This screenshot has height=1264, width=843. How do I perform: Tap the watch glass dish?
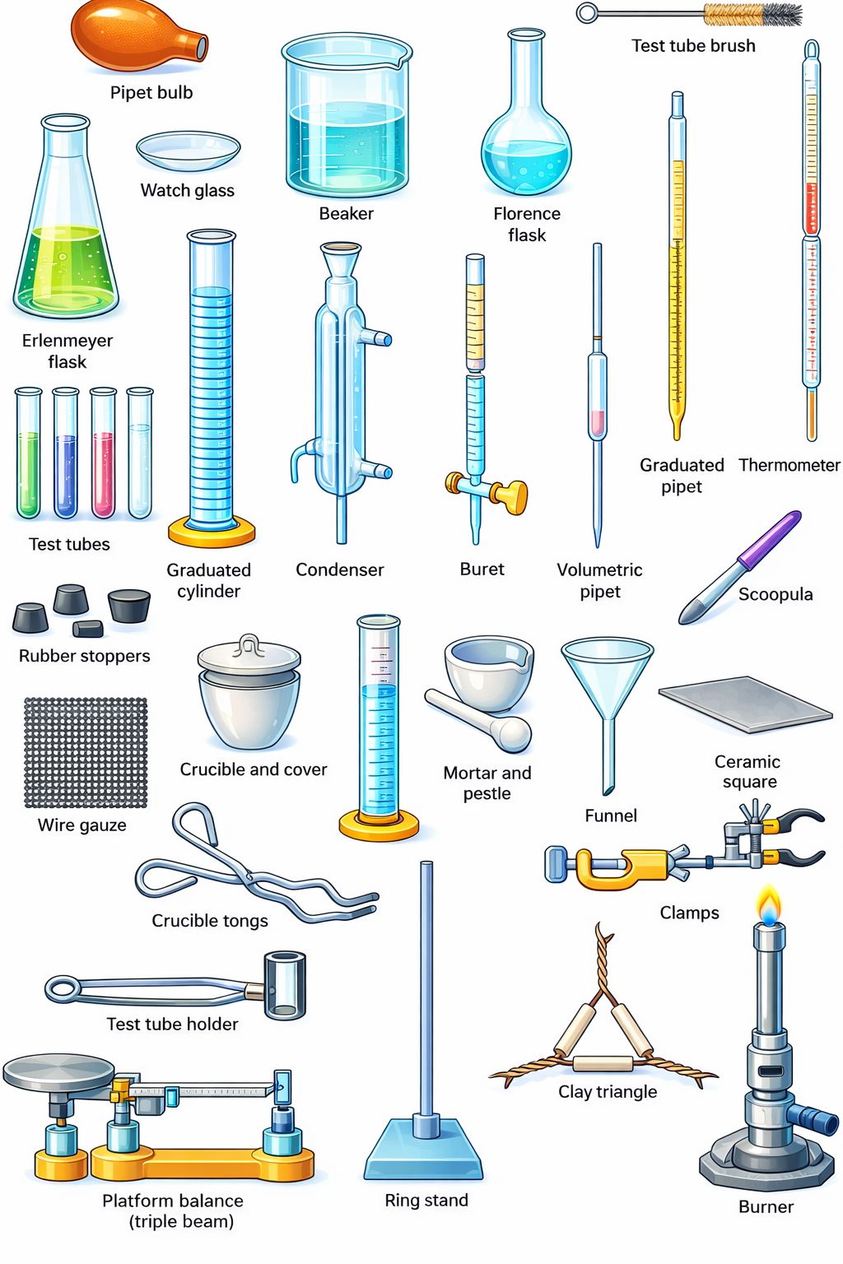click(x=188, y=151)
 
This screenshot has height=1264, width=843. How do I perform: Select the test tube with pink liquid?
click(x=103, y=453)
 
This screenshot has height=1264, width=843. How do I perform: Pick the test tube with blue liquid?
click(x=66, y=453)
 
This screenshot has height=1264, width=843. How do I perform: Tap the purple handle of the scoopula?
click(x=769, y=540)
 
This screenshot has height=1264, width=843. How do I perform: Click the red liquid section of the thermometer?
click(x=812, y=207)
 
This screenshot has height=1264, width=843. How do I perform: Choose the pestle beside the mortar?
click(x=477, y=719)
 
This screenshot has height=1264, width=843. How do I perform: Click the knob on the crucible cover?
click(x=249, y=644)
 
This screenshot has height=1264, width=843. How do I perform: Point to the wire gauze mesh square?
click(x=86, y=752)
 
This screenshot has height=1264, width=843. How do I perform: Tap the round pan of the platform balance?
click(x=58, y=1071)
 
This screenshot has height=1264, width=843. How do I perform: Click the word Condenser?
click(x=339, y=569)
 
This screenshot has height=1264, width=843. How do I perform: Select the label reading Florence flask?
click(x=527, y=224)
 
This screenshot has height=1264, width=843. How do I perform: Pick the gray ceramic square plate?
click(x=745, y=704)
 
